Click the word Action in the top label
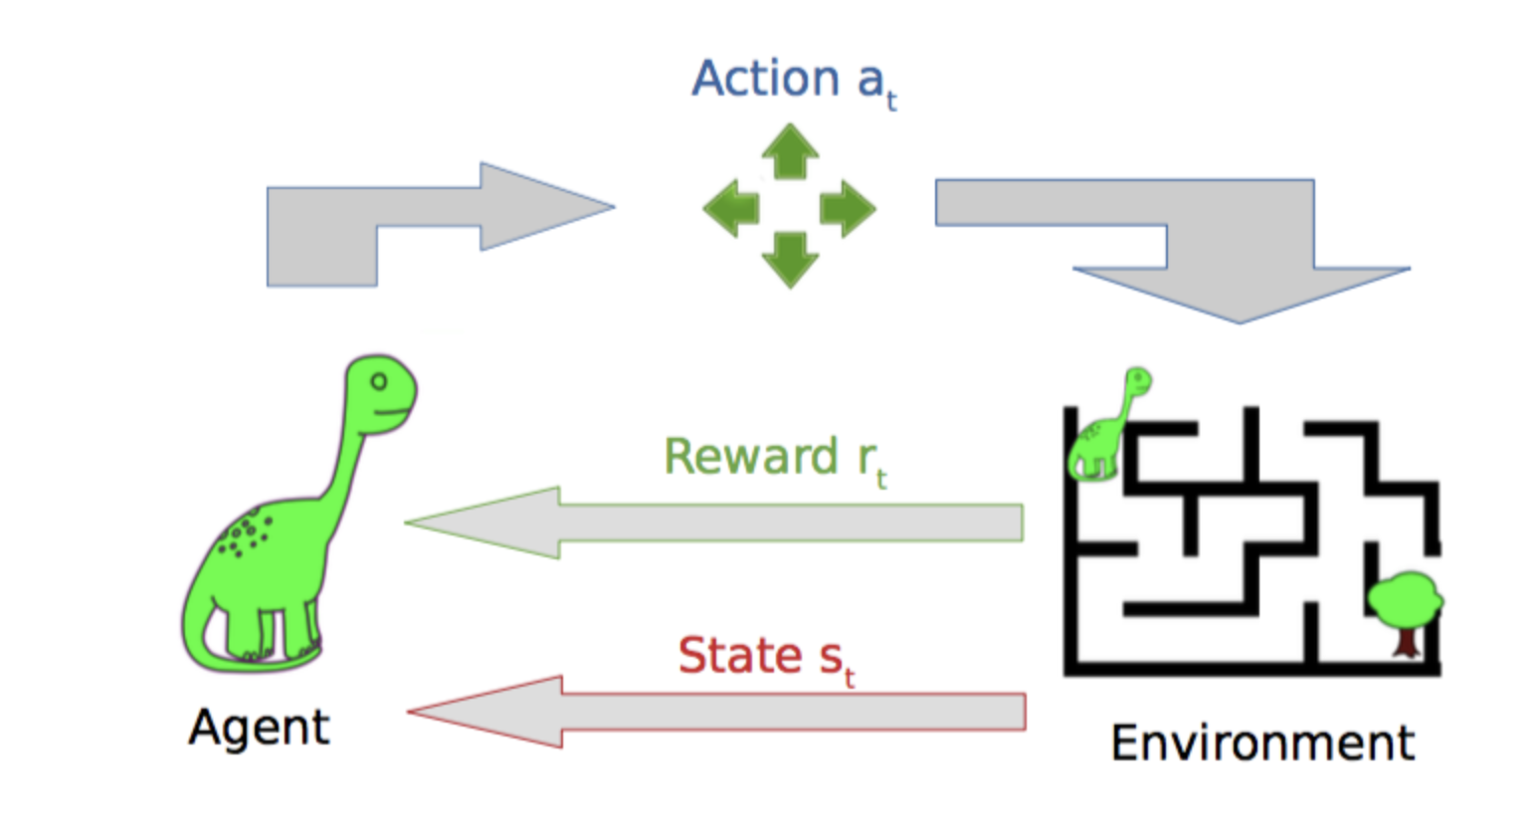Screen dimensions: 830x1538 766,79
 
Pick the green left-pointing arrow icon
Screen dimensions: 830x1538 731,208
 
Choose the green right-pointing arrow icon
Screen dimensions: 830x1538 848,208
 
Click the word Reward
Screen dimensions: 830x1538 751,457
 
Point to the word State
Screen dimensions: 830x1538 739,656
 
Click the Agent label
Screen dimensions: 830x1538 259,727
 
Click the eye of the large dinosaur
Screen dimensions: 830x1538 378,381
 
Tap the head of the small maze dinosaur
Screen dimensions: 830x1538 1137,380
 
